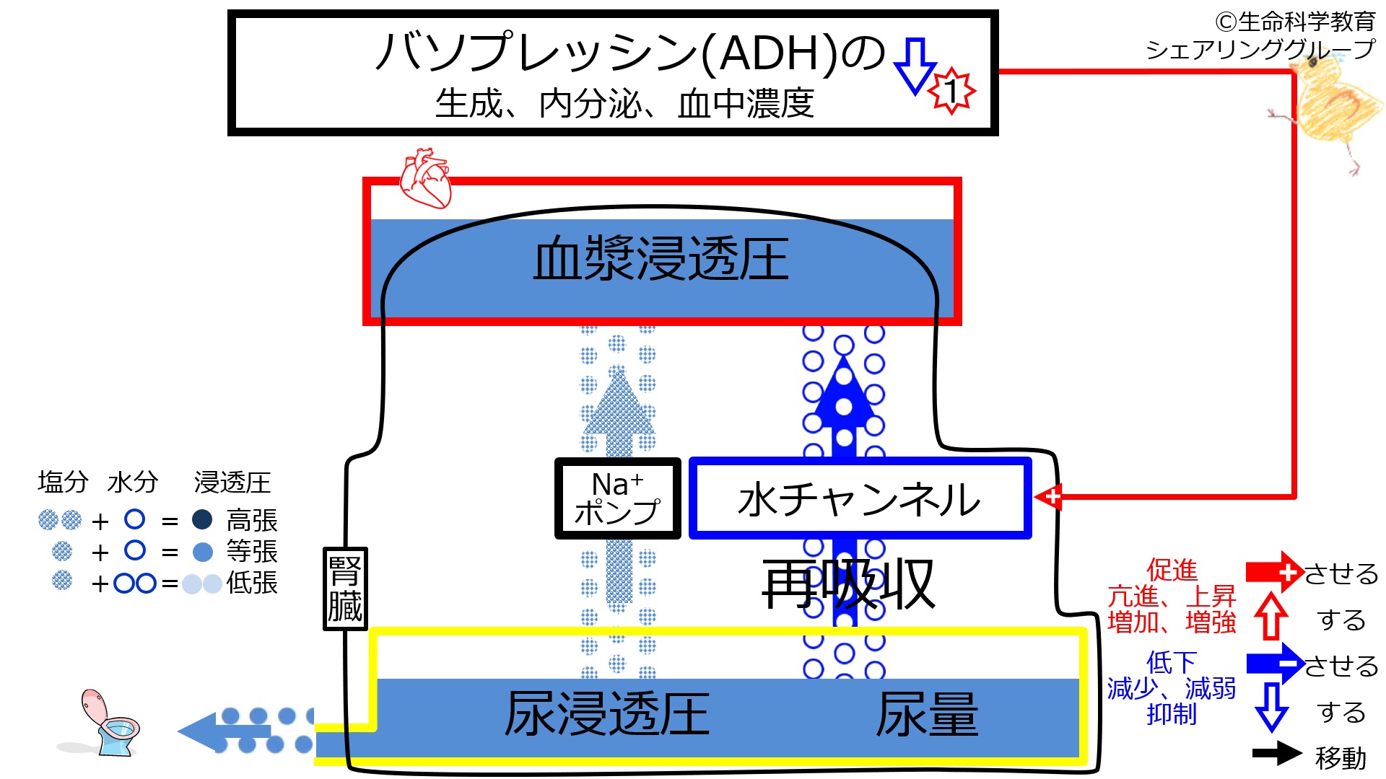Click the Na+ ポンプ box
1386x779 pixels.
pos(617,498)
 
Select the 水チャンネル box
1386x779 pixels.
pos(860,498)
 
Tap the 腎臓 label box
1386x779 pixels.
pos(345,589)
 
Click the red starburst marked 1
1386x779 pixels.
pos(952,91)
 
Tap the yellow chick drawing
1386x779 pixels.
pos(1335,108)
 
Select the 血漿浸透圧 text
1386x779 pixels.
pos(661,260)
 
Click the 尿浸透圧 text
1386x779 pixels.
pos(607,714)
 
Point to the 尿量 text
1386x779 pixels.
pos(927,714)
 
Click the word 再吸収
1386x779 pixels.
pos(849,584)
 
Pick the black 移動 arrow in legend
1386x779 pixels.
pos(1277,753)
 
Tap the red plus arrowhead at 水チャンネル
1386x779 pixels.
pos(1048,496)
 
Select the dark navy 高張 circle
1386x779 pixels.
pos(202,519)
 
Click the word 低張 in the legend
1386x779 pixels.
pos(252,583)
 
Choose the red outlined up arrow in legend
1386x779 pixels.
pos(1270,617)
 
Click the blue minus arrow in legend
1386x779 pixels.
pos(1275,664)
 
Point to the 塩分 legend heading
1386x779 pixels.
pos(63,482)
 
